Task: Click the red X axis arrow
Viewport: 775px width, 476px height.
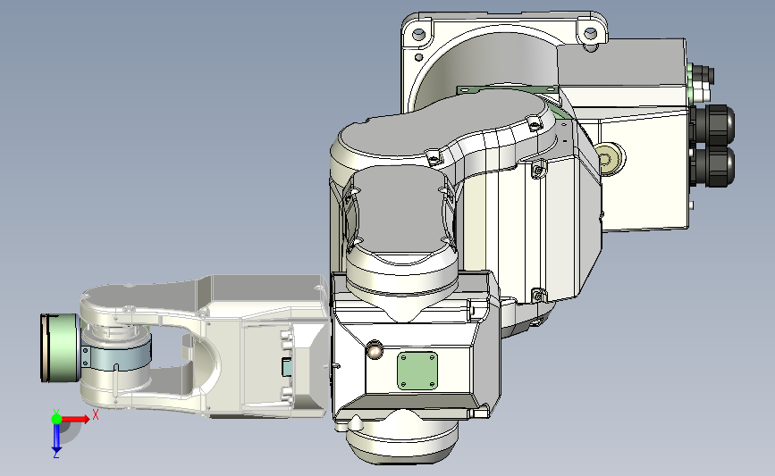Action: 74,419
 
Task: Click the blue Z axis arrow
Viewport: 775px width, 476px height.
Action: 56,438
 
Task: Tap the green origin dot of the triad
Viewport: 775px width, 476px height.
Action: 56,419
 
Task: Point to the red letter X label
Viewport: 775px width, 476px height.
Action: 96,414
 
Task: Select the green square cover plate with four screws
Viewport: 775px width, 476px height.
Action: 417,371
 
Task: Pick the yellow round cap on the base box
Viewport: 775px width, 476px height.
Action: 609,158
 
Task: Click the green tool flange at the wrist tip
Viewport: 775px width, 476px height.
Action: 60,347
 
